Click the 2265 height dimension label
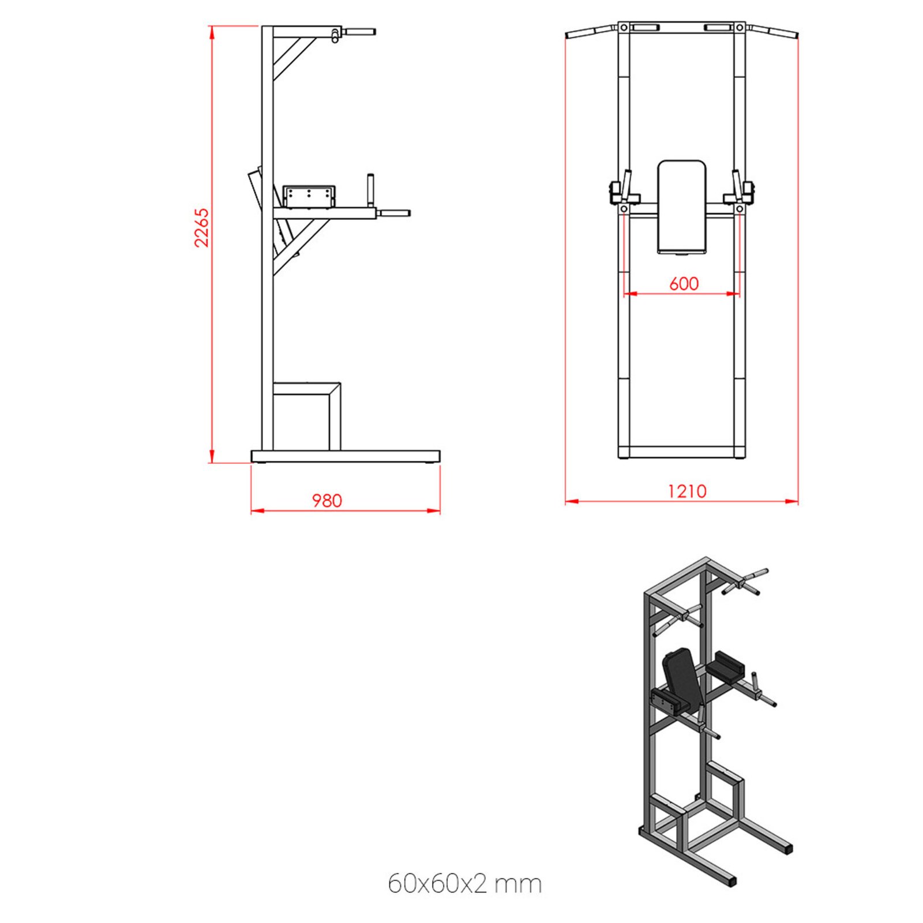(x=201, y=228)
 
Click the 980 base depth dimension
(x=327, y=500)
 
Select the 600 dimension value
(x=684, y=283)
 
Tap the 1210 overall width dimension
(x=686, y=491)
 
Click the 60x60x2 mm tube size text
(x=464, y=883)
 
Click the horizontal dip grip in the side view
(x=394, y=213)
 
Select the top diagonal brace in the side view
(x=294, y=58)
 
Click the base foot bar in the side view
(x=345, y=456)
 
